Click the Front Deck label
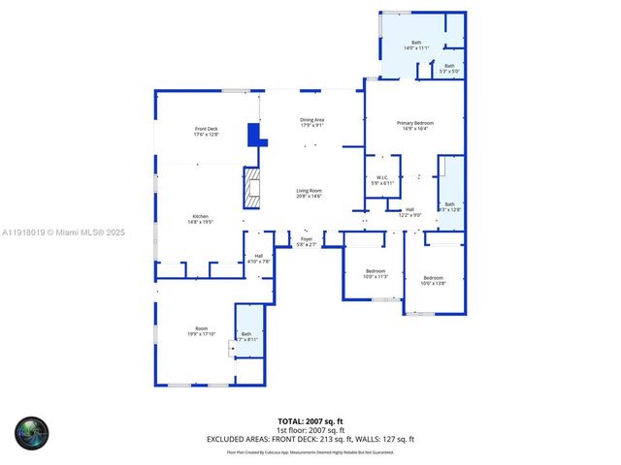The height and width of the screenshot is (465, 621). pyautogui.click(x=206, y=132)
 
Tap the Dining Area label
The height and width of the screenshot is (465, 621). pyautogui.click(x=311, y=122)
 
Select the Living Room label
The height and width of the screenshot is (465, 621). pyautogui.click(x=309, y=194)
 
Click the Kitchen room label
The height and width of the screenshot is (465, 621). pyautogui.click(x=200, y=219)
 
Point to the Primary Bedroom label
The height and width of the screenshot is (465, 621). pyautogui.click(x=414, y=126)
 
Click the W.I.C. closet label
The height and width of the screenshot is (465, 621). pyautogui.click(x=382, y=180)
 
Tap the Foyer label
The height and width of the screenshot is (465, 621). pyautogui.click(x=306, y=241)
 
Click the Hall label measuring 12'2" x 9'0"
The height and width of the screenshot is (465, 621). pyautogui.click(x=409, y=212)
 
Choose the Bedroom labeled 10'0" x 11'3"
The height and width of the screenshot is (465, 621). pyautogui.click(x=376, y=273)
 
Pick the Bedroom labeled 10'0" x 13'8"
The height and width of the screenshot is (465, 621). pyautogui.click(x=433, y=280)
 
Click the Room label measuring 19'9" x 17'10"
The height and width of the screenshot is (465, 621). pyautogui.click(x=202, y=331)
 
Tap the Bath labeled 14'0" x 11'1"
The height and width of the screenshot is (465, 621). pyautogui.click(x=416, y=46)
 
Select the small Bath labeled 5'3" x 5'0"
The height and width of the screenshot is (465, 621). pyautogui.click(x=449, y=69)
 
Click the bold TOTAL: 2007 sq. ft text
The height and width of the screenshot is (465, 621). pyautogui.click(x=310, y=422)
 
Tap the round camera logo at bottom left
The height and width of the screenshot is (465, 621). pyautogui.click(x=30, y=432)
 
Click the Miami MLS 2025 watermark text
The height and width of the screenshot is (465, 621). pyautogui.click(x=64, y=232)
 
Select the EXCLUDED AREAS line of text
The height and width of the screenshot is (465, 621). pyautogui.click(x=310, y=439)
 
